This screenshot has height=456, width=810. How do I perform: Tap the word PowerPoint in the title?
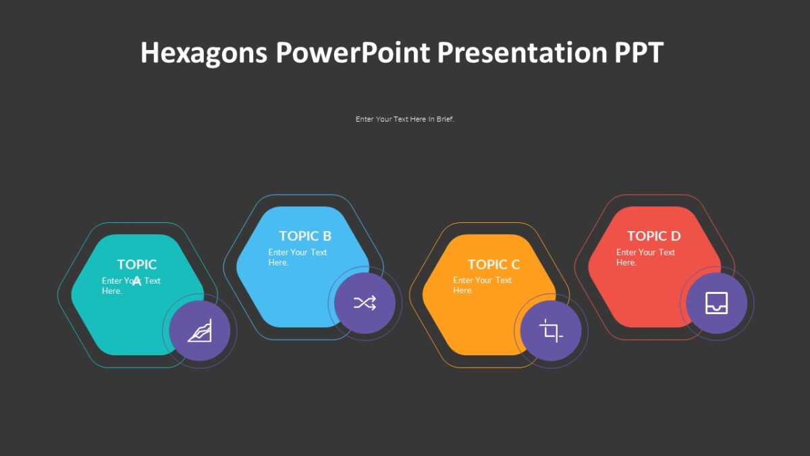click(x=352, y=53)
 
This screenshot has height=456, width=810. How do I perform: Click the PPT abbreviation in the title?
click(x=638, y=53)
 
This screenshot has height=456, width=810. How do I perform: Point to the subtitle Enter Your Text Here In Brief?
click(x=405, y=119)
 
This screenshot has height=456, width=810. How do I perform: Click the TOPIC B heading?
click(x=305, y=236)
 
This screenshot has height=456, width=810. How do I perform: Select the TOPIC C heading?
click(x=494, y=264)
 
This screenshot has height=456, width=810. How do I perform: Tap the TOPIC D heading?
click(x=653, y=236)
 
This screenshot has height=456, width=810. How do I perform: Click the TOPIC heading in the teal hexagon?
click(x=137, y=264)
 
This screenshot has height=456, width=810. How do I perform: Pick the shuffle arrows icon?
click(x=365, y=303)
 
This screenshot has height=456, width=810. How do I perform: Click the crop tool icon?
click(x=551, y=331)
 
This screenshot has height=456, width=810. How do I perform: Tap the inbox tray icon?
click(x=716, y=303)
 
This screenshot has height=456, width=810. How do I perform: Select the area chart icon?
click(x=200, y=331)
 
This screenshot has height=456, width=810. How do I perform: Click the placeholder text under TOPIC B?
click(x=297, y=257)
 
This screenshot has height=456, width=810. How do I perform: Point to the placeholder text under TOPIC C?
click(x=482, y=285)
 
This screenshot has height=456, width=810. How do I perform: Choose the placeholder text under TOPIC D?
click(x=645, y=257)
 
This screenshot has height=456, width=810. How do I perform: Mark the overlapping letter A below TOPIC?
click(x=137, y=280)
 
